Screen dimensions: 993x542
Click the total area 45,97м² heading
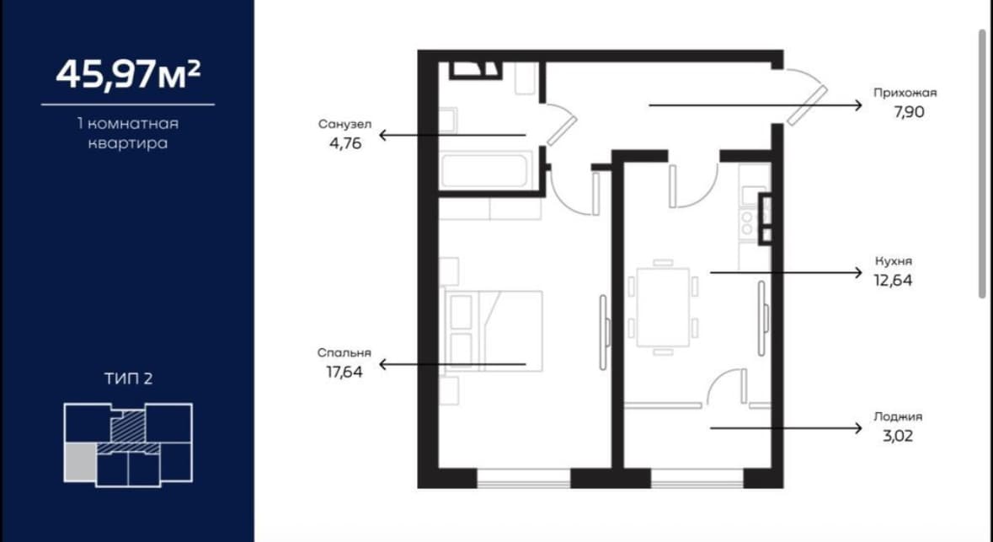[128, 73]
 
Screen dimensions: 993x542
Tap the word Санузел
[345, 124]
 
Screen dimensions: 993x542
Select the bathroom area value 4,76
[345, 143]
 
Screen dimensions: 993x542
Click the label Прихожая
[905, 93]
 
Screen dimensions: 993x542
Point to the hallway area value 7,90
[910, 112]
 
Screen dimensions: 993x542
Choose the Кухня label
[894, 260]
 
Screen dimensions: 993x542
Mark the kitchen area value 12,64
[894, 280]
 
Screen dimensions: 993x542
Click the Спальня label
[344, 353]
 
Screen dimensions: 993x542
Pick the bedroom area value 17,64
[344, 372]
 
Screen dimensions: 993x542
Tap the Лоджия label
[898, 416]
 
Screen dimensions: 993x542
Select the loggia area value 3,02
[898, 436]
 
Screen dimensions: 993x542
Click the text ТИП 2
[129, 379]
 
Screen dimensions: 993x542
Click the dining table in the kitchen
[663, 308]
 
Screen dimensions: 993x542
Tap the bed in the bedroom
[494, 330]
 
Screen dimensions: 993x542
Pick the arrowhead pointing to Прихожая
[858, 105]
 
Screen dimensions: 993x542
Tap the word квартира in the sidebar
[128, 143]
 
